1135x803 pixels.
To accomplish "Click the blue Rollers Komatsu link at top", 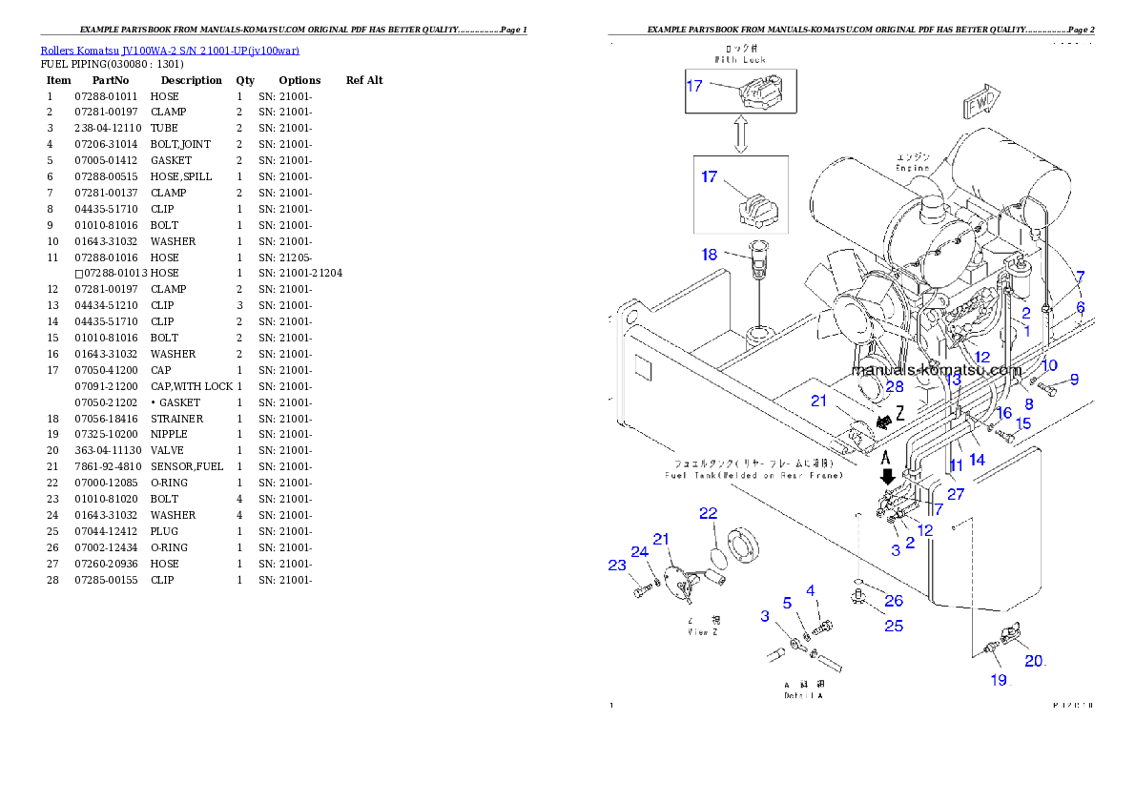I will point(170,51).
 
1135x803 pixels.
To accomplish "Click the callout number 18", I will point(710,254).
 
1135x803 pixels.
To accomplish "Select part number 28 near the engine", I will point(894,386).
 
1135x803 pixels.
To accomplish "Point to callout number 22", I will point(708,513).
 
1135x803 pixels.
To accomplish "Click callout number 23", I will point(617,565).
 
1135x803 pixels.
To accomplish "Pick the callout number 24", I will point(639,551).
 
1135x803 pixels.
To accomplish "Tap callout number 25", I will point(894,626).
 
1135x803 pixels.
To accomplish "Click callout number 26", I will point(894,601).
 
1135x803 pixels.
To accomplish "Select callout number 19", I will point(998,680).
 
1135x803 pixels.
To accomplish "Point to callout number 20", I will point(1035,660).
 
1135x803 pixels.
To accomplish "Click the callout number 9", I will point(1074,379).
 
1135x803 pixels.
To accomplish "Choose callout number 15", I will point(1022,423).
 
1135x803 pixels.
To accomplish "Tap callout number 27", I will point(955,493).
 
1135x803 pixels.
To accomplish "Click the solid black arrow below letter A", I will point(888,476).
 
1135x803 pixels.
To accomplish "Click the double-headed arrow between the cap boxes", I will point(740,134).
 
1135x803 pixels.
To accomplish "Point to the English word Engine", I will point(912,168).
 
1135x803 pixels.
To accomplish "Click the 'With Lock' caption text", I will point(740,59).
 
